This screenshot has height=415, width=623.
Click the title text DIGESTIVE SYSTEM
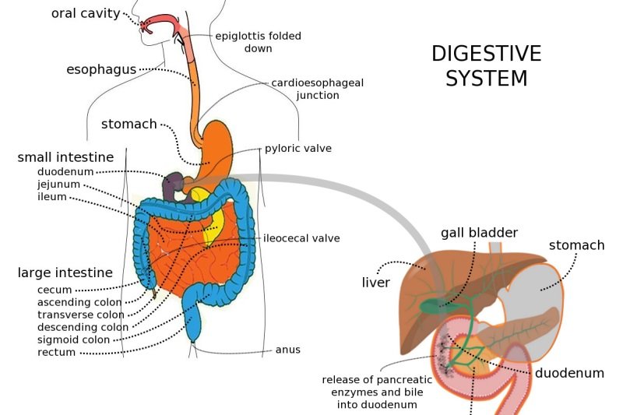[x=486, y=65]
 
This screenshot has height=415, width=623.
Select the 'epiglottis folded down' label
[x=258, y=42]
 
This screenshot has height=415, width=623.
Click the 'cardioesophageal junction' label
[x=317, y=89]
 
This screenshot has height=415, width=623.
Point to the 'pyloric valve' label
[x=299, y=148]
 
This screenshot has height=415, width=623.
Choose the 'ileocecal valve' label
[x=301, y=238]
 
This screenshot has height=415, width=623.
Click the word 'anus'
[x=287, y=350]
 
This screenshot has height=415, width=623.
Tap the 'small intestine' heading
[x=65, y=157]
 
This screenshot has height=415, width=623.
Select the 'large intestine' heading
[x=65, y=273]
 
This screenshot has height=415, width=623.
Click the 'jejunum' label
[x=58, y=185]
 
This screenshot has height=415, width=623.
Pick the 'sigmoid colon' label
[x=72, y=339]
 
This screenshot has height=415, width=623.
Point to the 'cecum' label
[x=55, y=290]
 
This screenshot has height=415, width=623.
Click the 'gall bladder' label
[x=479, y=232]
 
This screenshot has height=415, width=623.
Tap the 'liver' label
[x=375, y=282]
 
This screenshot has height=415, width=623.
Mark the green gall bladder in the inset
[x=431, y=306]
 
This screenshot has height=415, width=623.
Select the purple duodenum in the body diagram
[x=173, y=185]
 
